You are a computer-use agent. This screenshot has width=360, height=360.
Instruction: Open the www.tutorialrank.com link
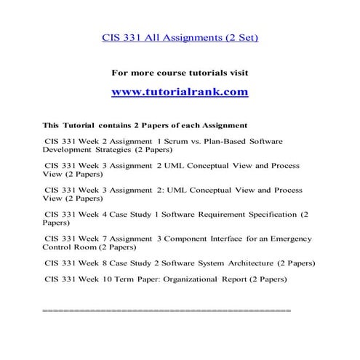click(x=180, y=92)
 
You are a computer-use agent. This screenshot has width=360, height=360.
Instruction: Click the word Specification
click(x=272, y=215)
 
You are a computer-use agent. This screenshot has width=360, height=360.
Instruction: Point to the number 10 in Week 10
click(x=99, y=279)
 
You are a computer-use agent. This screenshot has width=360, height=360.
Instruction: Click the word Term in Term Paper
click(x=119, y=279)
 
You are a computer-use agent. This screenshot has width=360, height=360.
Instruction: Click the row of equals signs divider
click(x=167, y=311)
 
